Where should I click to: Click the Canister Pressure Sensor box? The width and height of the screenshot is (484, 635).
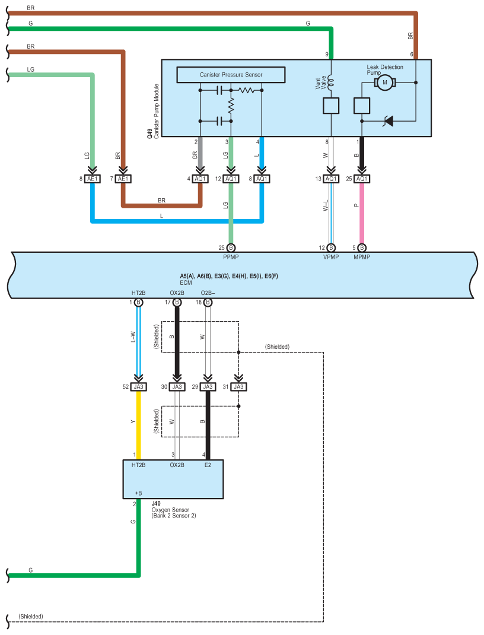pos(231,75)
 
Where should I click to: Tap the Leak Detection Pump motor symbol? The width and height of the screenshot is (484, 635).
pos(384,82)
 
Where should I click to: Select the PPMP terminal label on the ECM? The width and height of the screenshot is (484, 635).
pos(231,256)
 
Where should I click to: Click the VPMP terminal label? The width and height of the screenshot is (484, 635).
pos(331,256)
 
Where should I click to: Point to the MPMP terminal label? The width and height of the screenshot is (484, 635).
pos(362,256)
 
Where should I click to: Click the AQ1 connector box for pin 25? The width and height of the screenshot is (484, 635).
pos(362,179)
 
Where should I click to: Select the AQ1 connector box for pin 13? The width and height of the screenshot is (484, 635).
pos(331,179)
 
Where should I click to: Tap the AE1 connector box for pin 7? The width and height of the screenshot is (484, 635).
pos(122,179)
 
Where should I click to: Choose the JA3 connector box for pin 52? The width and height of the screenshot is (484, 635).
pos(138,387)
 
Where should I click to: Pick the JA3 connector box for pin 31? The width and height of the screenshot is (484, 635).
pos(238,387)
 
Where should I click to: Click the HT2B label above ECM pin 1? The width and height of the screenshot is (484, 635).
pos(138,293)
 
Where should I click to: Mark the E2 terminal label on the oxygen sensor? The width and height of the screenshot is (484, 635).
pos(208,465)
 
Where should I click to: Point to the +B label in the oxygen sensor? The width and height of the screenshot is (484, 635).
pos(138,493)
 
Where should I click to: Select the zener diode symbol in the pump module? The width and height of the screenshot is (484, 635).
pos(389,120)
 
